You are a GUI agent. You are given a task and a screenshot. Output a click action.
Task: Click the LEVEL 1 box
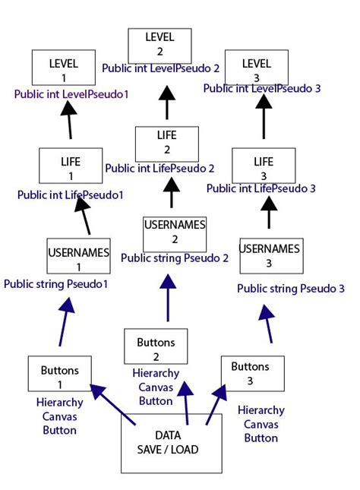click(65, 68)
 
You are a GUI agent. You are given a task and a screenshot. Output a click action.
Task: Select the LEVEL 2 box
click(159, 45)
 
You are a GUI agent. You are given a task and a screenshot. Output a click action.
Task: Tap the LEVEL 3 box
click(258, 68)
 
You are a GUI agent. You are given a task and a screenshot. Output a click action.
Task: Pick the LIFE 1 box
click(71, 166)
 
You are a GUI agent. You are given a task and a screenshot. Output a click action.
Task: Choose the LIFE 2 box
click(166, 144)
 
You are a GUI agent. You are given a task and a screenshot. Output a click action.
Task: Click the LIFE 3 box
click(264, 166)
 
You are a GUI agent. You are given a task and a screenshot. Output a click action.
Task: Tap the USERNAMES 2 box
click(175, 233)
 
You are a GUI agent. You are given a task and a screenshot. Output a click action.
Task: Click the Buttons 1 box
click(59, 375)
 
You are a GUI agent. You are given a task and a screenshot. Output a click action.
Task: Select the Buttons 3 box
click(251, 372)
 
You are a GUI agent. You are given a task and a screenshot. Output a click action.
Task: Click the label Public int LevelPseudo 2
click(160, 68)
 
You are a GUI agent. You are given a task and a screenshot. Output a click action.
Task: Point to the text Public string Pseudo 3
click(291, 289)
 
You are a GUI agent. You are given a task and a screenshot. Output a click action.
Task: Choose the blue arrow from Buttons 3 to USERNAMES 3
click(267, 325)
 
